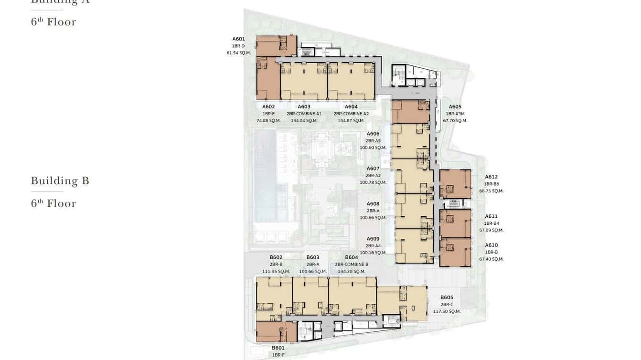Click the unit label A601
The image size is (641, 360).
(x=238, y=39)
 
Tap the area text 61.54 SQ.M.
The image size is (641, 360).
(x=238, y=53)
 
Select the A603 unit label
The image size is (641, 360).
(x=304, y=107)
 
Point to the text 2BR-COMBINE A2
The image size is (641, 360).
(x=351, y=114)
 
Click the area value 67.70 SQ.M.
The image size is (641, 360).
(x=455, y=121)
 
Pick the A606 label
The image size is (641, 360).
(x=373, y=134)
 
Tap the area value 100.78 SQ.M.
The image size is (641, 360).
(x=373, y=182)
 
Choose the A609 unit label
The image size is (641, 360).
(x=373, y=239)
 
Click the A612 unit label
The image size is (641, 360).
(x=491, y=177)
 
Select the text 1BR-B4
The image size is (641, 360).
(x=491, y=223)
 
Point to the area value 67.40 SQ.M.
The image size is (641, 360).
(x=491, y=259)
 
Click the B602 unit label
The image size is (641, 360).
(x=276, y=257)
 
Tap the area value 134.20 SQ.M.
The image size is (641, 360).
(x=351, y=272)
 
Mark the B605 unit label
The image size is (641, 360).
(x=447, y=297)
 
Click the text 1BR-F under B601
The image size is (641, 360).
(x=278, y=355)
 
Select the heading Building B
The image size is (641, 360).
(x=60, y=180)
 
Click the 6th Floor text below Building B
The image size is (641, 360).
(x=53, y=203)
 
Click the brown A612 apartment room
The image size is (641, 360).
(x=455, y=184)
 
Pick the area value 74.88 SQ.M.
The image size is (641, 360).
(x=268, y=121)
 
